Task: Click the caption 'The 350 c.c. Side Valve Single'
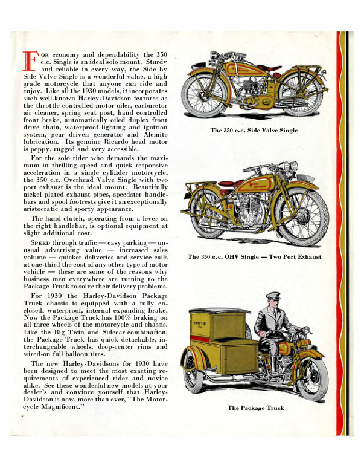point(254,131)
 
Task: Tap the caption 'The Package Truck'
point(255,408)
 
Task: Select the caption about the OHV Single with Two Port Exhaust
point(254,257)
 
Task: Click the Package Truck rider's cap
point(272,297)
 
